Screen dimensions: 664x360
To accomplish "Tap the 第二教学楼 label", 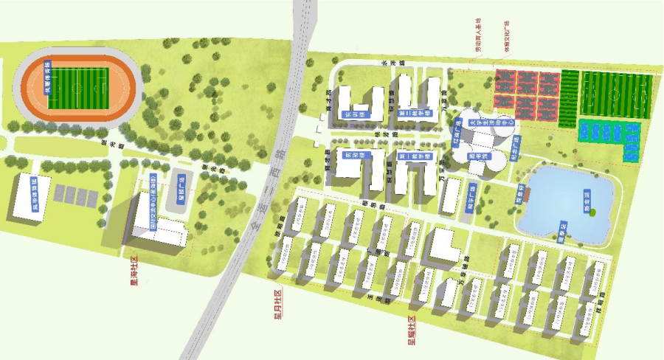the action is [x=411, y=116].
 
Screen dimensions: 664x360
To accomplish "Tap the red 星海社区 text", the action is [x=134, y=271].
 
